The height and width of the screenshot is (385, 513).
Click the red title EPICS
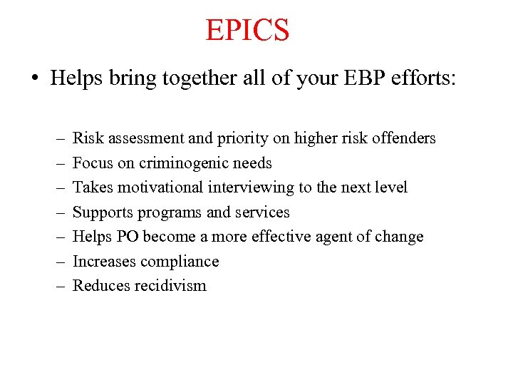[x=247, y=30]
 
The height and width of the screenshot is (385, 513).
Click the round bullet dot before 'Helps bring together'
[x=35, y=78]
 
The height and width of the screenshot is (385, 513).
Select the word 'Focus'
[x=93, y=163]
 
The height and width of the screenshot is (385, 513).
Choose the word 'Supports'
[x=103, y=212]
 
